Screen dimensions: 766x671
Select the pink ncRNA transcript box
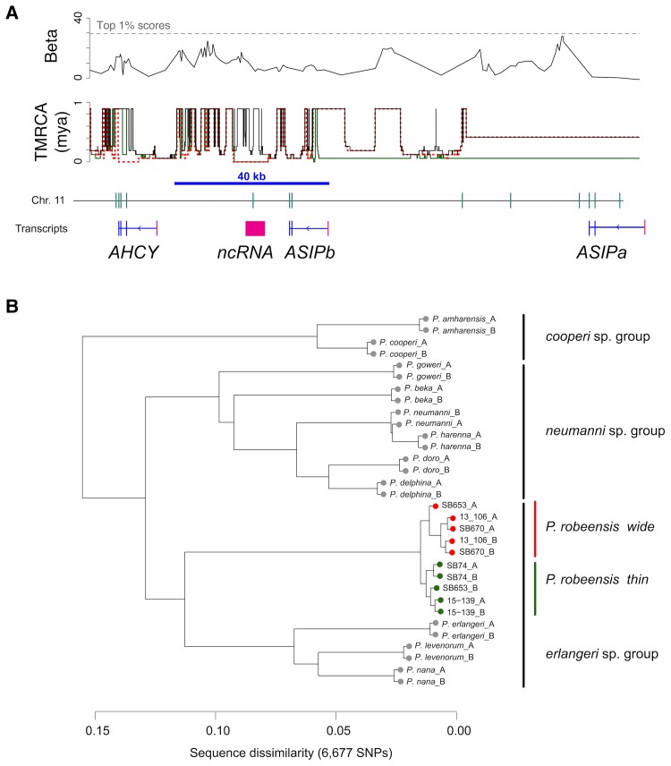(256, 228)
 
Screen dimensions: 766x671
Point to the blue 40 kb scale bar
(251, 183)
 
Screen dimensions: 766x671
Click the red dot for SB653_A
(435, 506)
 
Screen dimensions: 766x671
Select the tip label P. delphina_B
(417, 493)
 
